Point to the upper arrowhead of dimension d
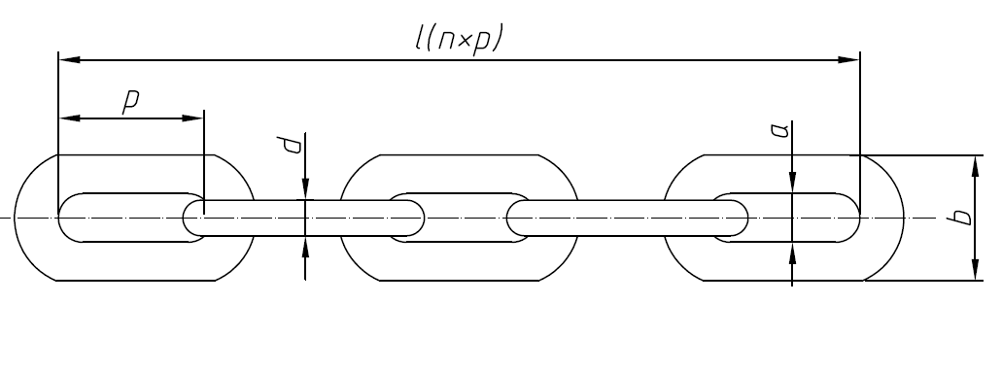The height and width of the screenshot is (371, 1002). click(x=306, y=190)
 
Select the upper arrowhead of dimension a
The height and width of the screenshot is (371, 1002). click(x=793, y=183)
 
